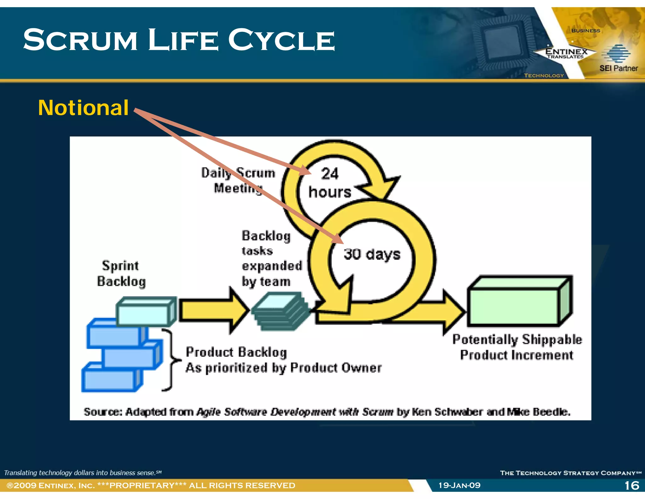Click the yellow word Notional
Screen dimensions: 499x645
tap(83, 108)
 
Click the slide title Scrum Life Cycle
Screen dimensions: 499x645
tap(179, 40)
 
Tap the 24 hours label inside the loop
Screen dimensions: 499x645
tap(329, 183)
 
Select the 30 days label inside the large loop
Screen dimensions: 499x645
tap(372, 254)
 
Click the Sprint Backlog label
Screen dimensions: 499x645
tap(121, 273)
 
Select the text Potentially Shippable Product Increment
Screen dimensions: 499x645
tap(517, 347)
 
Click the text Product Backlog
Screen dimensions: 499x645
tap(236, 352)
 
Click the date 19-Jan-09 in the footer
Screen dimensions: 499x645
tap(459, 485)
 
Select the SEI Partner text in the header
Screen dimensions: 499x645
tap(619, 68)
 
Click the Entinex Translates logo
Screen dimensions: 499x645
tap(566, 53)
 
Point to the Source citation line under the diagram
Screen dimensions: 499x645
tap(327, 412)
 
